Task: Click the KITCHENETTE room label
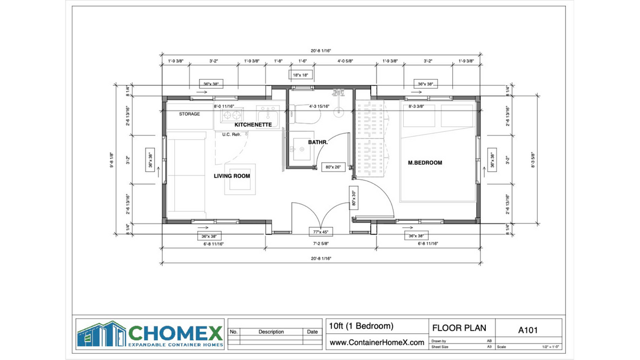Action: [253, 124]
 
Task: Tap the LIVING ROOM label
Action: [232, 176]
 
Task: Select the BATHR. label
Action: [318, 142]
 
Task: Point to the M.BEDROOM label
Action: [425, 163]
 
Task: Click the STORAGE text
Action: [189, 114]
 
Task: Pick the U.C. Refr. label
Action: [235, 134]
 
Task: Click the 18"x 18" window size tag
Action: [300, 75]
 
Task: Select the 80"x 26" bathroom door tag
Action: [333, 167]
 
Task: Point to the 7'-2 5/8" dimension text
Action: [321, 244]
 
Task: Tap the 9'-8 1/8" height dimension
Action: [111, 158]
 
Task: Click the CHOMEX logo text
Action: [175, 334]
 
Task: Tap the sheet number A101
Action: [528, 330]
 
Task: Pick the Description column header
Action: [271, 332]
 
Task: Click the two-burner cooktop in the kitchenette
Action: [232, 115]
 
